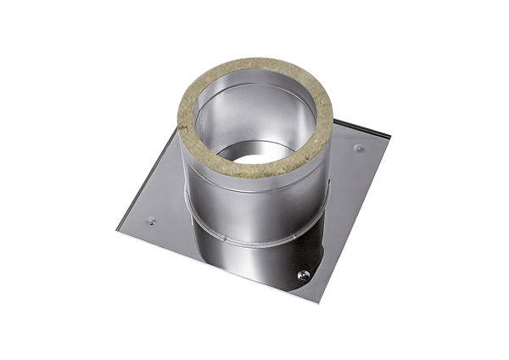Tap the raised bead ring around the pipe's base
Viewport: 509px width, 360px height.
pyautogui.click(x=255, y=247)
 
